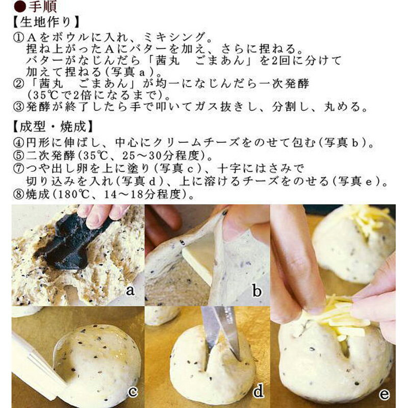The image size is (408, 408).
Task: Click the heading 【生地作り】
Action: click(x=43, y=22)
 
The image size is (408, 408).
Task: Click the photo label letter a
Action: click(x=130, y=291)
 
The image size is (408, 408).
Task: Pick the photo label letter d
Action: click(x=259, y=392)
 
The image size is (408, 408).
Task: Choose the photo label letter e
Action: click(x=384, y=394)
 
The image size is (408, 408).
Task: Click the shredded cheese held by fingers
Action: click(x=339, y=316)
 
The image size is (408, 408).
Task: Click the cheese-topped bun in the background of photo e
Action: click(x=357, y=240)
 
